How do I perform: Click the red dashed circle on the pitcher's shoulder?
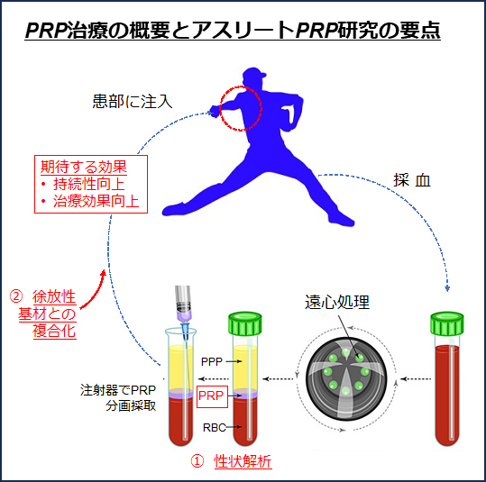click(x=220, y=108)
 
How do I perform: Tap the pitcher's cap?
click(x=253, y=74)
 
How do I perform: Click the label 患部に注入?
click(x=133, y=101)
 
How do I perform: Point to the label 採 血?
click(x=412, y=180)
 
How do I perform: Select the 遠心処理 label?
click(x=337, y=302)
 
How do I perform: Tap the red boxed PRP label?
click(x=212, y=396)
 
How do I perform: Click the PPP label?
click(x=212, y=361)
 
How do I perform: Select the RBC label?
click(x=214, y=427)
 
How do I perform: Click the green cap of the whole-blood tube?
click(x=447, y=324)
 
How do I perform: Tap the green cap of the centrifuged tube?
click(x=245, y=324)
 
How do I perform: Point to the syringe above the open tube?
click(x=183, y=313)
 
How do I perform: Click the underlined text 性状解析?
click(x=243, y=461)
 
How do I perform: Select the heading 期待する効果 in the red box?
click(x=84, y=167)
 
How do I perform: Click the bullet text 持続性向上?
click(x=89, y=184)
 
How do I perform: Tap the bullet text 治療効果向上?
click(x=96, y=201)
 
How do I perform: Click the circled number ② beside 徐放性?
click(x=16, y=296)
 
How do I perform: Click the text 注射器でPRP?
click(x=118, y=390)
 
